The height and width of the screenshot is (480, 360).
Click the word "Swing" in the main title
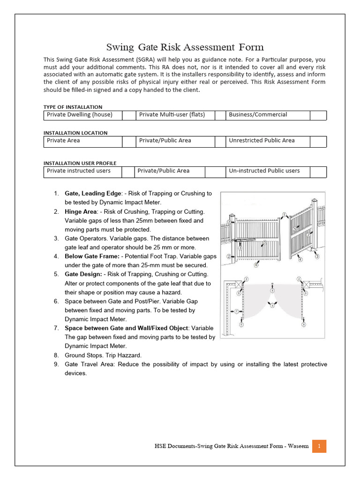(120, 47)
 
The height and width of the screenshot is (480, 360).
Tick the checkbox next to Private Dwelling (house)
(128, 115)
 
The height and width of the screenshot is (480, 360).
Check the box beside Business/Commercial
(318, 115)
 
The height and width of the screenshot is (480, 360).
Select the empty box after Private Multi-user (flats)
(220, 115)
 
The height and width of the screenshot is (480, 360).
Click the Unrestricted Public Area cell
(267, 141)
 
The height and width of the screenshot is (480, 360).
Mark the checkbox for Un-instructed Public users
(318, 172)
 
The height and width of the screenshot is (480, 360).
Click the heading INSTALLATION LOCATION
(75, 133)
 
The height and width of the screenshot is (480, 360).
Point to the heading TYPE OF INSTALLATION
(73, 107)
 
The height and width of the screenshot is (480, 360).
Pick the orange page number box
(319, 446)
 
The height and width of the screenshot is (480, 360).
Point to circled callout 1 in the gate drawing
(284, 215)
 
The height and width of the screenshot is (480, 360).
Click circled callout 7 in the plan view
(237, 311)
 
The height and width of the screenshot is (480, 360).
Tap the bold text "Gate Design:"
(82, 274)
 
